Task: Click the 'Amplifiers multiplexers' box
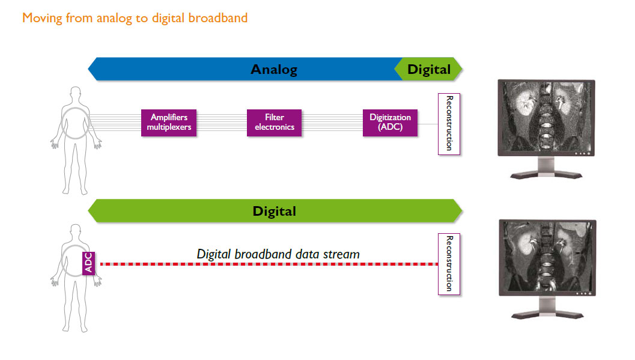[x=169, y=123]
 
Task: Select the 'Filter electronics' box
[x=274, y=123]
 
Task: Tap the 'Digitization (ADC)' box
[x=390, y=123]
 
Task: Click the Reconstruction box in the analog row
[x=449, y=123]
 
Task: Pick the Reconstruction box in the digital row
[x=449, y=263]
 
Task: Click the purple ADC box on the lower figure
[x=89, y=264]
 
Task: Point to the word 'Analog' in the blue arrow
[x=274, y=70]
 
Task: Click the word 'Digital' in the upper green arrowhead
[x=429, y=69]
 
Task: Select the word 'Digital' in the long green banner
[x=274, y=211]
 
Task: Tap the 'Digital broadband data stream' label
[x=278, y=254]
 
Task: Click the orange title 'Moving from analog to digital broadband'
[x=135, y=17]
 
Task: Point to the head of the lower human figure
[x=75, y=231]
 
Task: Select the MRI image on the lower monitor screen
[x=546, y=255]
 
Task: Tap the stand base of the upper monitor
[x=546, y=175]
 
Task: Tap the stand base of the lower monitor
[x=546, y=314]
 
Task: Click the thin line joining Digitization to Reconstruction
[x=428, y=124]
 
